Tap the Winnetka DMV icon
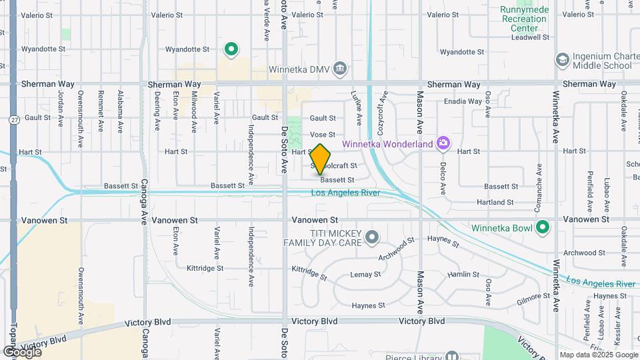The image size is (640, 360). (x=340, y=68)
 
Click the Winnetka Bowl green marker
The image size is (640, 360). (x=543, y=227)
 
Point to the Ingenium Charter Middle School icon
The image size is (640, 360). (x=562, y=60)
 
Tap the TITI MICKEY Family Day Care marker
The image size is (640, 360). (x=372, y=237)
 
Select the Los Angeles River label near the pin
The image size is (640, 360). (x=346, y=193)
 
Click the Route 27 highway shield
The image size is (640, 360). (x=13, y=119)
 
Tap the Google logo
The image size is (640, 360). (x=22, y=351)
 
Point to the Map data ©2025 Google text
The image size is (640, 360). (x=599, y=355)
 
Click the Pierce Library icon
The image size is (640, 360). (x=453, y=357)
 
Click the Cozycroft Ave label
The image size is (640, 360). (x=383, y=110)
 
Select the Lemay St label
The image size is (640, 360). (x=365, y=274)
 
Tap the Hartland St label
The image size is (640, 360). (x=495, y=202)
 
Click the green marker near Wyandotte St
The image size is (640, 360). (x=231, y=49)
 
